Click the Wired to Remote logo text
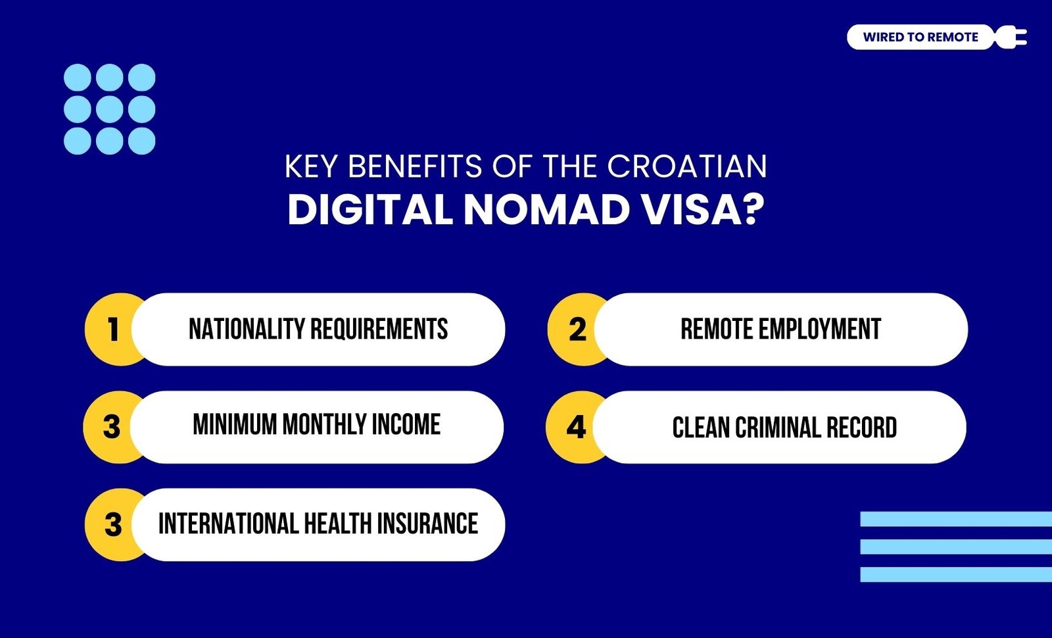pyautogui.click(x=920, y=37)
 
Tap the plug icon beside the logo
pyautogui.click(x=1011, y=37)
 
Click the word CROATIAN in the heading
pyautogui.click(x=687, y=166)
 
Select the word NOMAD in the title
pyautogui.click(x=546, y=210)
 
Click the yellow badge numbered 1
pyautogui.click(x=112, y=330)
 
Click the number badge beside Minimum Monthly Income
pyautogui.click(x=112, y=427)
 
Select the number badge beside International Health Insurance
pyautogui.click(x=112, y=524)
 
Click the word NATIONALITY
pyautogui.click(x=247, y=329)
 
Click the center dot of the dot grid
pyautogui.click(x=109, y=109)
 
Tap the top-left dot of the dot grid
pyautogui.click(x=78, y=78)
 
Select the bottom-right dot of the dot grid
pyautogui.click(x=142, y=141)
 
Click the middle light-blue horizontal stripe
pyautogui.click(x=956, y=547)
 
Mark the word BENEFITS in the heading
pyautogui.click(x=415, y=166)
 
